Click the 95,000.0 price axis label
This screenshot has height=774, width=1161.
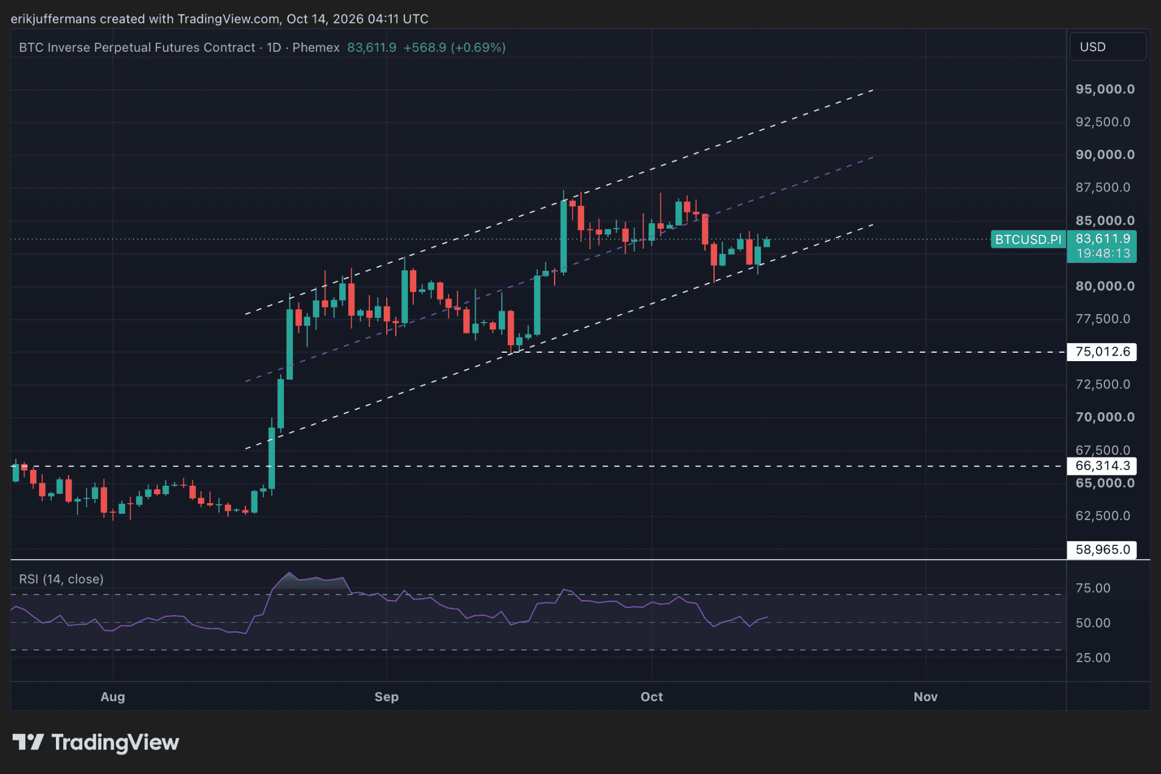[1105, 89]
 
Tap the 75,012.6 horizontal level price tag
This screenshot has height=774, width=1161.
[1102, 351]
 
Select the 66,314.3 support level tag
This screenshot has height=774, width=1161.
[1102, 466]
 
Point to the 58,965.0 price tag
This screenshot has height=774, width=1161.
[1102, 550]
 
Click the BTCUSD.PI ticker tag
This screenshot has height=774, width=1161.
[1028, 240]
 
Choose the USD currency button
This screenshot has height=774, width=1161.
[1107, 47]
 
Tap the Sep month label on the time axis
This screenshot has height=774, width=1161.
[386, 696]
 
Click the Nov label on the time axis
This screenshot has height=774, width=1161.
[925, 696]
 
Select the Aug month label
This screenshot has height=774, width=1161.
[112, 696]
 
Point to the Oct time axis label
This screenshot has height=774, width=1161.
[651, 696]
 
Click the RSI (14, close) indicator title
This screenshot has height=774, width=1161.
[61, 579]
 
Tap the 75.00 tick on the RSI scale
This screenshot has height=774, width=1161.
[1093, 588]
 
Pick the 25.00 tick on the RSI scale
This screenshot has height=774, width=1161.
[1093, 658]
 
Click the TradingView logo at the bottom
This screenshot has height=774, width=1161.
[96, 743]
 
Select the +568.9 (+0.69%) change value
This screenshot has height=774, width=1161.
[454, 48]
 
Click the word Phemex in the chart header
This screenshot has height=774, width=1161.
[316, 48]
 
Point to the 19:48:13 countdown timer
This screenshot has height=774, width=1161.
[1103, 253]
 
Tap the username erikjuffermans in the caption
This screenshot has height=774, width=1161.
[54, 19]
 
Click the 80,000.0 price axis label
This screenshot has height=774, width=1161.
[1105, 286]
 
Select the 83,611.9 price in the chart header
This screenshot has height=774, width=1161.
[372, 48]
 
